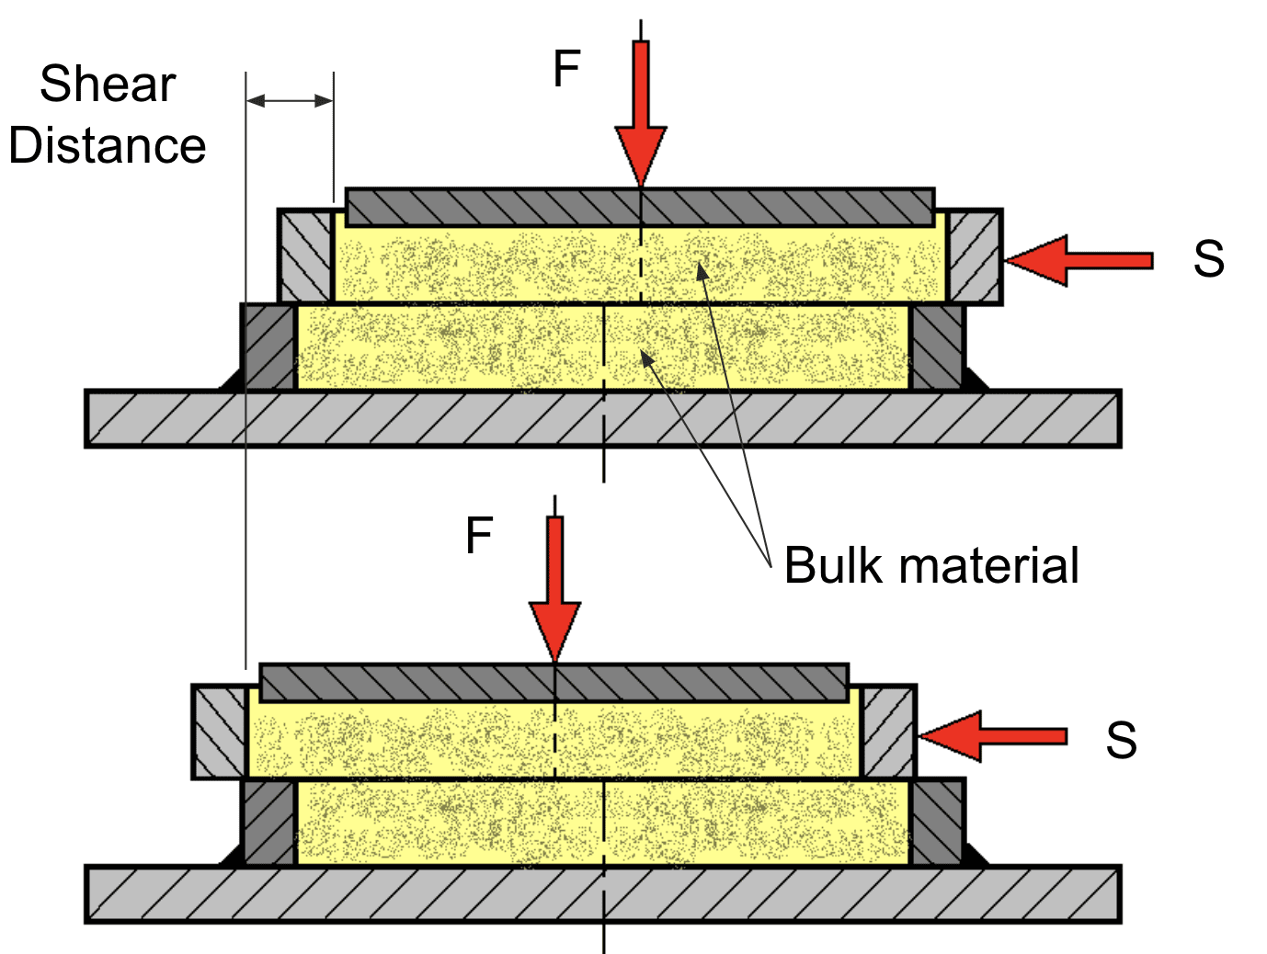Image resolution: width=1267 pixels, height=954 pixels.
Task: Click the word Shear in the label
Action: pos(108,85)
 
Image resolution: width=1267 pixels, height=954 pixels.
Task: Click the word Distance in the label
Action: pos(108,146)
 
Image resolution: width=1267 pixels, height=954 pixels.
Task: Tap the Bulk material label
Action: pos(930,565)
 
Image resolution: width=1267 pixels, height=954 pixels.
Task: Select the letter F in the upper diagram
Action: pos(566,69)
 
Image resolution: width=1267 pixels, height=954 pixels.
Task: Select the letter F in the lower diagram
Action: pos(479,536)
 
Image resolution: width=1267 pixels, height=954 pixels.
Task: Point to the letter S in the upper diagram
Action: pos(1208,259)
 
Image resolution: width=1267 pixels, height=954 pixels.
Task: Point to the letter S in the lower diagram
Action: pos(1121,740)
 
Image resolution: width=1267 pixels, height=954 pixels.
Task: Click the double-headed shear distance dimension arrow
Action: pos(290,100)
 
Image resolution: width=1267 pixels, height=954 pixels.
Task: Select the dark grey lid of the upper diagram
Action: pos(640,208)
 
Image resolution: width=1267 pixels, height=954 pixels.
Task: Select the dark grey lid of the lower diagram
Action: pos(554,683)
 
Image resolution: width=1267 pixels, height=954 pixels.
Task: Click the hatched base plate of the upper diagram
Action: pos(602,419)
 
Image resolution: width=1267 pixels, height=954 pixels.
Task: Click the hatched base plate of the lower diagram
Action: pos(602,893)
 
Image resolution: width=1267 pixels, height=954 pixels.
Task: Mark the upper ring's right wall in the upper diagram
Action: pos(975,256)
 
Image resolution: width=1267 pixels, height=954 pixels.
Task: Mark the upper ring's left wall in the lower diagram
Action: pos(221,733)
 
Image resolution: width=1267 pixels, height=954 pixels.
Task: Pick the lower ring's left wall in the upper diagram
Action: pos(269,347)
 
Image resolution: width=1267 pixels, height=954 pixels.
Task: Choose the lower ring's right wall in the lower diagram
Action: pos(938,823)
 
